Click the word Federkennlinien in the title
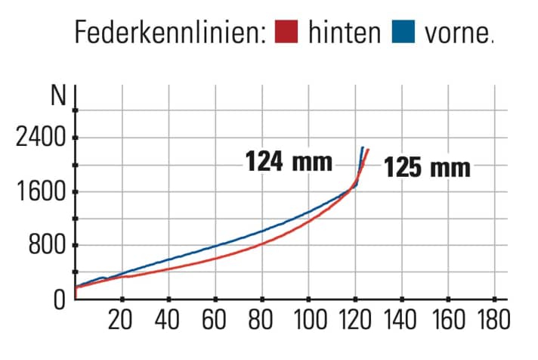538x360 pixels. coord(170,33)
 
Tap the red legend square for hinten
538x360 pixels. coord(287,33)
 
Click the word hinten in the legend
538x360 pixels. coord(344,33)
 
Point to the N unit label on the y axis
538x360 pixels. coord(57,97)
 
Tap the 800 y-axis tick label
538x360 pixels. coord(47,246)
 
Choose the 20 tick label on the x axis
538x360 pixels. coord(121,321)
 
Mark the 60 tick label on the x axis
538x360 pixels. coord(215,321)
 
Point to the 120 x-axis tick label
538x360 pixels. coord(355,321)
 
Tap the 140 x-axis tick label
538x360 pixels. coord(402,321)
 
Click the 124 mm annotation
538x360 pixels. coord(289,161)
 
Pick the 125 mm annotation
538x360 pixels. coord(427,167)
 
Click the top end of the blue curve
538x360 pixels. coord(363,147)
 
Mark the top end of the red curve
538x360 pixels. coord(368,150)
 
